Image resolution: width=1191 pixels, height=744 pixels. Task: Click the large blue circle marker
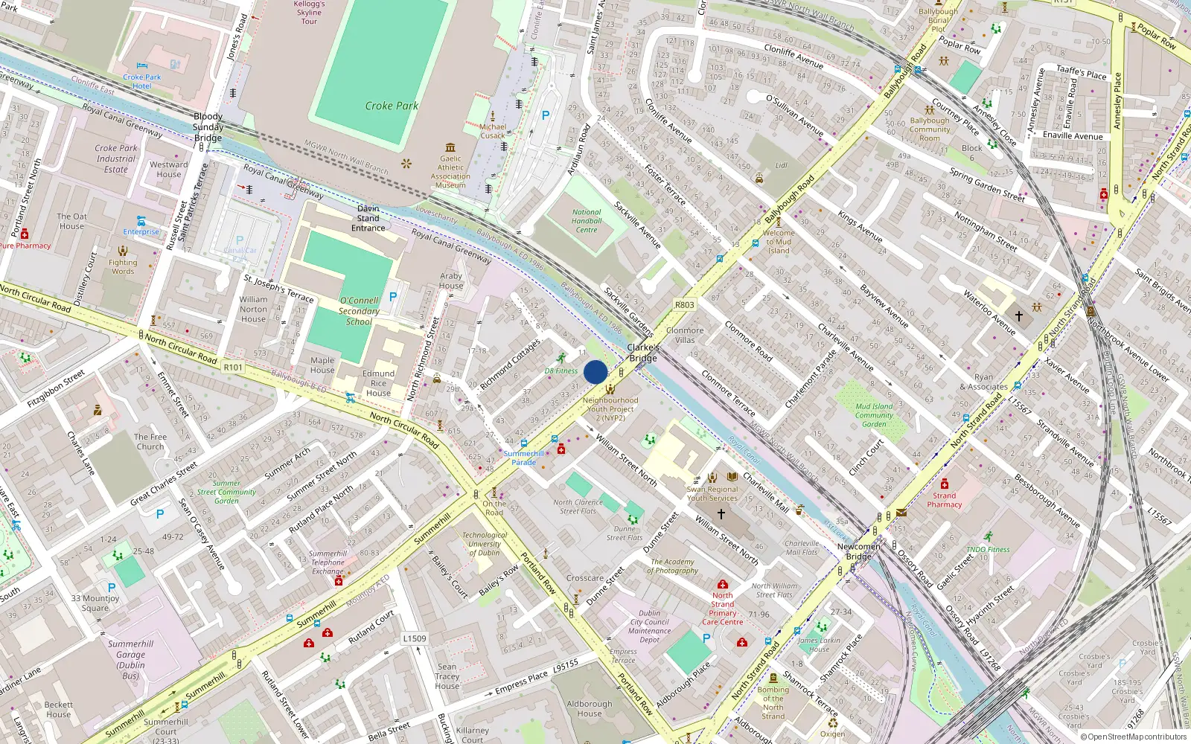click(x=595, y=372)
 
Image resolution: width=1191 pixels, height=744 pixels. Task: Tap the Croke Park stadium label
click(x=392, y=106)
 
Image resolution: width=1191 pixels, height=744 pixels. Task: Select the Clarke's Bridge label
click(x=643, y=353)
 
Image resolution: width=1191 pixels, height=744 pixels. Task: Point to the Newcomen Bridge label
click(x=858, y=551)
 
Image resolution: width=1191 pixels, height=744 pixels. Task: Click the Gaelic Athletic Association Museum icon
click(x=450, y=148)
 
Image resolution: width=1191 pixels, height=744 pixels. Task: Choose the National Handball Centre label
click(x=587, y=221)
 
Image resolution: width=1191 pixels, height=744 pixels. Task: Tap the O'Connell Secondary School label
click(x=359, y=311)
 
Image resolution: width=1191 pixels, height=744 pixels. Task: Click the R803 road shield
click(x=684, y=304)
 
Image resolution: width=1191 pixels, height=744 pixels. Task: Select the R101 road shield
click(x=233, y=367)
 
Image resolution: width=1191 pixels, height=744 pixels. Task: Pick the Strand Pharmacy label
click(x=945, y=500)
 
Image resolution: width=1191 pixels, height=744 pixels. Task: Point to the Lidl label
click(x=782, y=165)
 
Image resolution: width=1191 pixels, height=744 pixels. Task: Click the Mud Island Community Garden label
click(x=874, y=415)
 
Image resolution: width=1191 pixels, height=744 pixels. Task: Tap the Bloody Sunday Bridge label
click(x=208, y=127)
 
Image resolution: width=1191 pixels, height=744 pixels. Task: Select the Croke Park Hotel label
click(x=142, y=81)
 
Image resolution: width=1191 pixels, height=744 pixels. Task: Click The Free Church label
click(x=150, y=442)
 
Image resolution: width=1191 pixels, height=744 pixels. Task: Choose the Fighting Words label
click(x=123, y=266)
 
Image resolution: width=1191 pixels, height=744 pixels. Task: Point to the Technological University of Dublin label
click(x=485, y=544)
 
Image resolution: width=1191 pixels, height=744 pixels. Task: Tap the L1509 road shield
click(x=415, y=638)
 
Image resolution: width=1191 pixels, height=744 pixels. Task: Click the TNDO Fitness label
click(x=988, y=549)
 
